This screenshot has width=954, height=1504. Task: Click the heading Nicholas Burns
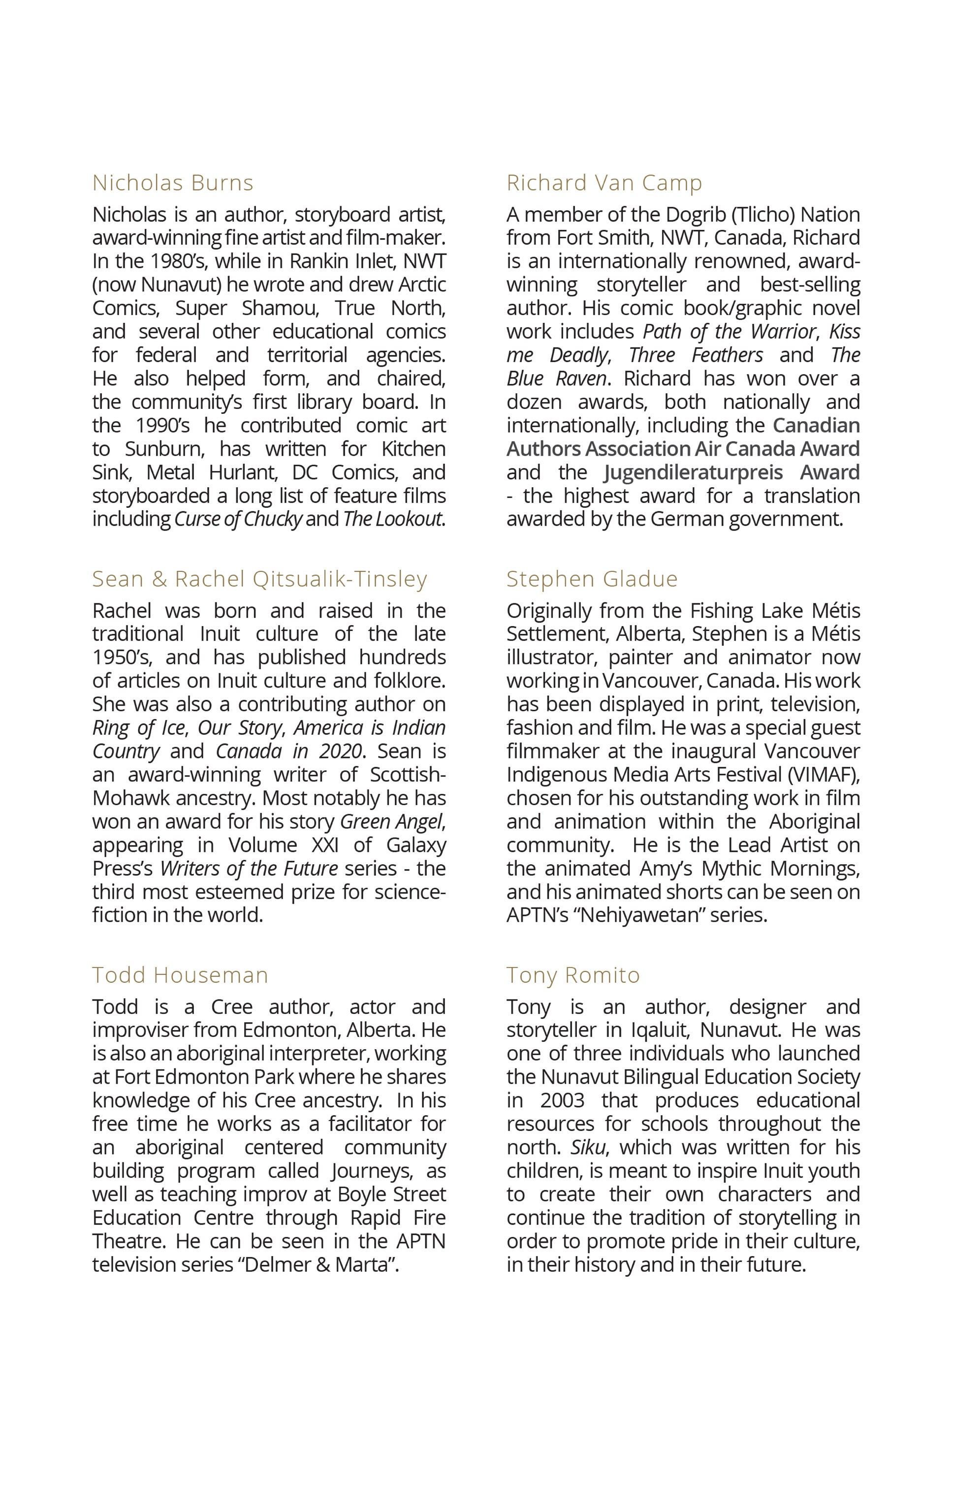(172, 183)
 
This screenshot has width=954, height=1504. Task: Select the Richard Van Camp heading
(604, 183)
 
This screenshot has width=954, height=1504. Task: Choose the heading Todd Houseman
(180, 975)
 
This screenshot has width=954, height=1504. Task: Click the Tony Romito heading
(573, 975)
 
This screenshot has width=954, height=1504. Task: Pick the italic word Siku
(587, 1147)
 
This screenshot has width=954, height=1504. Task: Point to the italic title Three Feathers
(696, 355)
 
